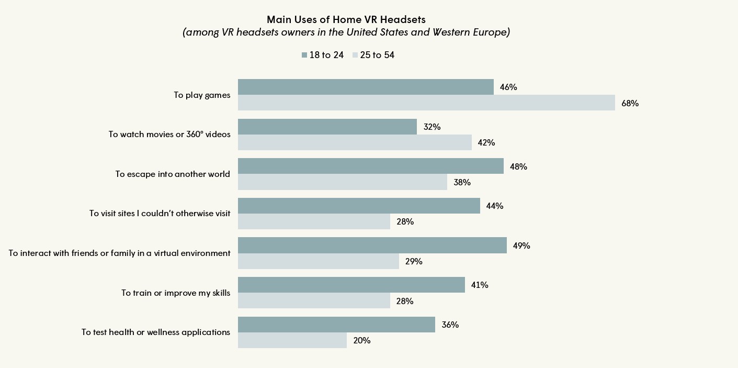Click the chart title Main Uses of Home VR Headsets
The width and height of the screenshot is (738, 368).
346,19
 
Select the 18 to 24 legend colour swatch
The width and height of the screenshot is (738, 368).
304,55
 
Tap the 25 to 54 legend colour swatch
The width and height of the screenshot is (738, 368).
355,55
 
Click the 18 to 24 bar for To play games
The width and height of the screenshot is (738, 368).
366,87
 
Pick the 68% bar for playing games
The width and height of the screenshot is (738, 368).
426,103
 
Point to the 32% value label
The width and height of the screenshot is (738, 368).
432,127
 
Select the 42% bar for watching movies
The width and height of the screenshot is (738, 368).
355,142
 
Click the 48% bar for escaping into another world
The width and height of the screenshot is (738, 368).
370,166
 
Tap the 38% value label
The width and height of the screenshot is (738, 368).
462,182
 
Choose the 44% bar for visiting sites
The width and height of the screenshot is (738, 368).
359,206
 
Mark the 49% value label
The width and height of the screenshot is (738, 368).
521,246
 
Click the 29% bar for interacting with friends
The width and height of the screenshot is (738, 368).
318,261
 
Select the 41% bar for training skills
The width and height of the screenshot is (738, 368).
351,285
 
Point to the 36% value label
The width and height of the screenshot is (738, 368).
450,325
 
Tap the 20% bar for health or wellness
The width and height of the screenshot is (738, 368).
292,340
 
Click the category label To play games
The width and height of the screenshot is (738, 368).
202,95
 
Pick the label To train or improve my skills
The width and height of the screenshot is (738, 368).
176,293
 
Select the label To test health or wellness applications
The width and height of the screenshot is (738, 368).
156,332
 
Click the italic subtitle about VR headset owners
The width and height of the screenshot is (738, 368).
346,32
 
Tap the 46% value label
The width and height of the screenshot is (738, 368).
508,87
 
